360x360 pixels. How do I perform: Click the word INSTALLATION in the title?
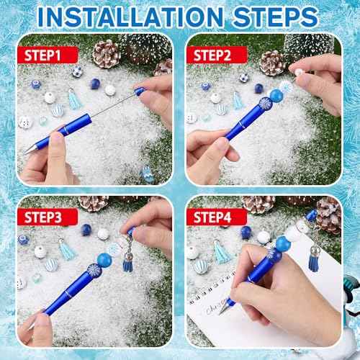tap(142, 16)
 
